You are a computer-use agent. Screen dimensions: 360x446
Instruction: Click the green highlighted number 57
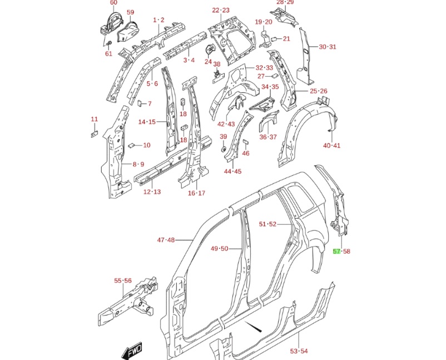[x=336, y=251]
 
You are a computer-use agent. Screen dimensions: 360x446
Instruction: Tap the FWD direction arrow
[x=133, y=351]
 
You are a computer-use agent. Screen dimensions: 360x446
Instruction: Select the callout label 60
[x=113, y=3]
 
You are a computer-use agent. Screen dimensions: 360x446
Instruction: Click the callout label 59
[x=130, y=12]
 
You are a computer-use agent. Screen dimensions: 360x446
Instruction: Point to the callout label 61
[x=108, y=54]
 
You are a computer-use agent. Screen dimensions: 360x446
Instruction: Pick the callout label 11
[x=94, y=119]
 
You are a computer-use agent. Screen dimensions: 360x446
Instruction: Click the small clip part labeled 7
[x=141, y=103]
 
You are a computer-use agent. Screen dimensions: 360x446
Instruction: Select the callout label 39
[x=223, y=137]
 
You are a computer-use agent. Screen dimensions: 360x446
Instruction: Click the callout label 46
[x=246, y=154]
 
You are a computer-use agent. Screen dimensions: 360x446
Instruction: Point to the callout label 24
[x=208, y=62]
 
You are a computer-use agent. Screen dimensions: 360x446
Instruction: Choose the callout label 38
[x=217, y=65]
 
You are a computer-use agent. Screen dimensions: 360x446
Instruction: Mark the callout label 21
[x=286, y=39]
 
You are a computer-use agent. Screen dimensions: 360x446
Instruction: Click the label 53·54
[x=299, y=351]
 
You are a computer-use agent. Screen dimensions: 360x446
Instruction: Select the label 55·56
[x=122, y=281]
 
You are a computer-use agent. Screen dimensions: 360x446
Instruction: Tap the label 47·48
[x=166, y=240]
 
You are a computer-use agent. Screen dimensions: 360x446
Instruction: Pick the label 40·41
[x=331, y=146]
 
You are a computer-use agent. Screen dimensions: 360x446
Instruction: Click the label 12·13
[x=152, y=192]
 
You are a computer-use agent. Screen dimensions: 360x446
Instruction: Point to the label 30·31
[x=328, y=47]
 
